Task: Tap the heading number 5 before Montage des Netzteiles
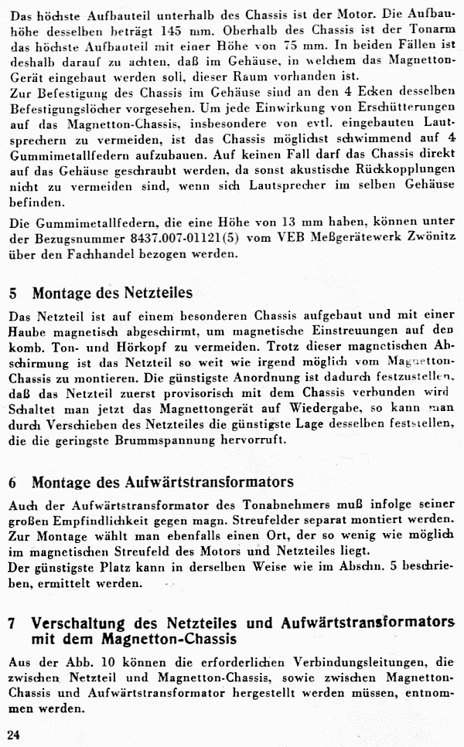[13, 294]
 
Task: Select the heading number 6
[13, 482]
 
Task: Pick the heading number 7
[13, 623]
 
